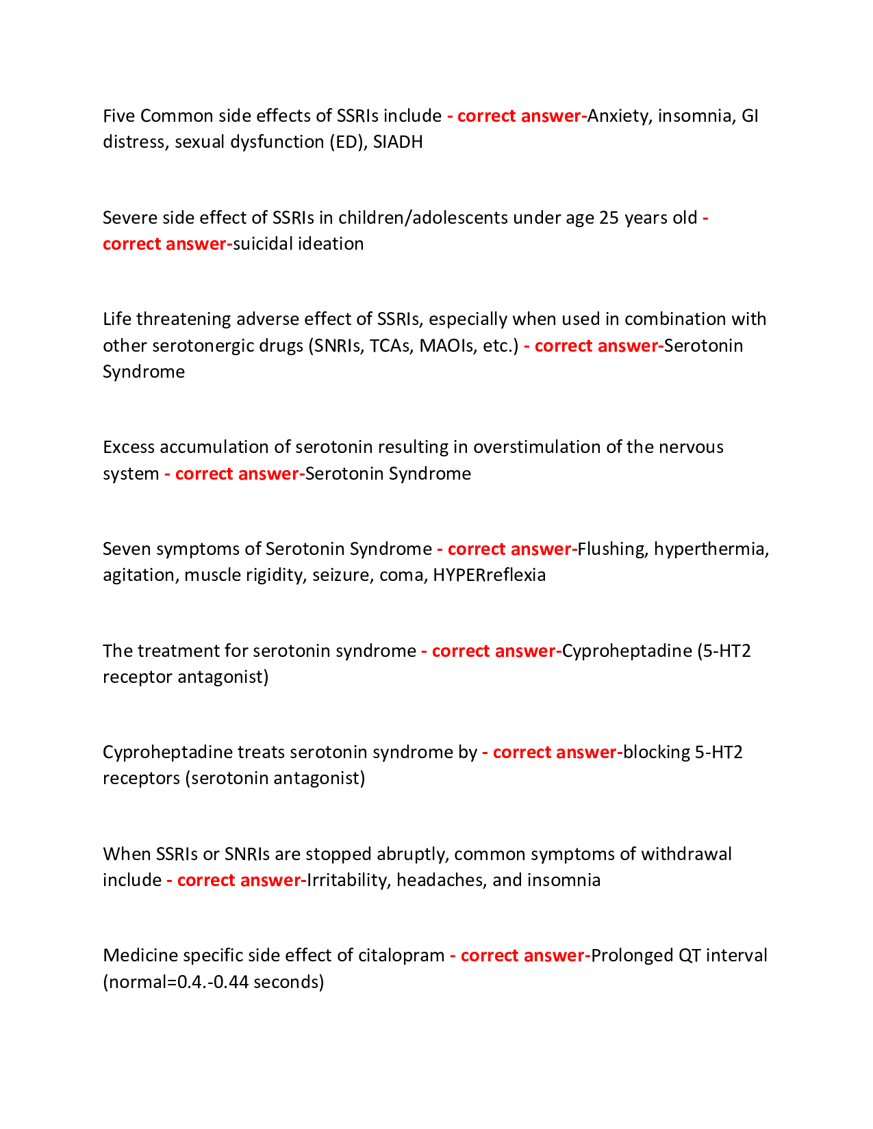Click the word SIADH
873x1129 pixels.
click(x=398, y=142)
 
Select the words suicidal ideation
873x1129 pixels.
click(x=299, y=244)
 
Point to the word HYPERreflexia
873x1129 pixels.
click(x=490, y=575)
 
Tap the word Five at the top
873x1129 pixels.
click(x=118, y=116)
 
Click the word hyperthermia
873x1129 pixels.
click(x=711, y=549)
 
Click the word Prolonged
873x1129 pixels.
click(x=631, y=955)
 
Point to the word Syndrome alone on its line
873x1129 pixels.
click(x=144, y=372)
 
